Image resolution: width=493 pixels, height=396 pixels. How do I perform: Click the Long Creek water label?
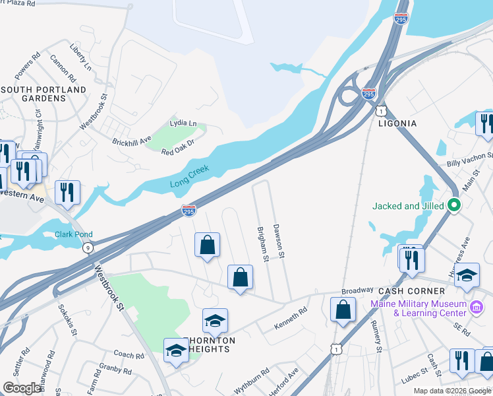(190, 174)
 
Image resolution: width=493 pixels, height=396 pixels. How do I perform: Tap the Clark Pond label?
(73, 234)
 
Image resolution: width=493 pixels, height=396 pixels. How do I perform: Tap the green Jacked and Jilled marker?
(453, 206)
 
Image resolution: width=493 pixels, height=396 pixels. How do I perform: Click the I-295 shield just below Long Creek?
(188, 211)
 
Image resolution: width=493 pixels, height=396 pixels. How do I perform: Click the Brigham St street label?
(262, 243)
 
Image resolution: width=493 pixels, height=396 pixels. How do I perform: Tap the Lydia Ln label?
(183, 123)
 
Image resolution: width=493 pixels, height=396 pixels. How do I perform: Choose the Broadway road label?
(357, 290)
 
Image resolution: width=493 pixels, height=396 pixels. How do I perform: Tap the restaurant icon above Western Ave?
(67, 192)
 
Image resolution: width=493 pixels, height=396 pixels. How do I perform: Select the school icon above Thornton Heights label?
(215, 320)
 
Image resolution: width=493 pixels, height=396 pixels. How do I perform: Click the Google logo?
(22, 388)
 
